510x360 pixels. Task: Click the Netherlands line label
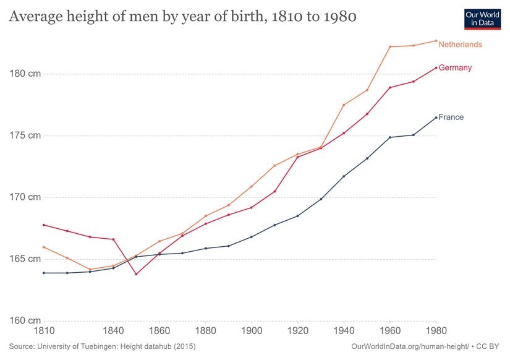(460, 45)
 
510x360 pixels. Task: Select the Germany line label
(455, 67)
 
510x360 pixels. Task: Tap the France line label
(451, 117)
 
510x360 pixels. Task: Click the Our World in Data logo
(482, 19)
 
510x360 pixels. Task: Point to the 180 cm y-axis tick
(25, 74)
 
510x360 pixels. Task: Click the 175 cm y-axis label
(25, 135)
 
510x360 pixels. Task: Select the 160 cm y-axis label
(25, 320)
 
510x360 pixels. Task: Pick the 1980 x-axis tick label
(436, 330)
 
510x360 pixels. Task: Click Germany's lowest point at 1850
(136, 274)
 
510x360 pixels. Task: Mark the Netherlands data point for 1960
(390, 46)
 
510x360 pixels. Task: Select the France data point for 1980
(436, 118)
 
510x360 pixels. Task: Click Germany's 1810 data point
(44, 225)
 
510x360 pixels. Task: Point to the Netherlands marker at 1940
(344, 105)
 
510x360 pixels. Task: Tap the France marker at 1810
(44, 273)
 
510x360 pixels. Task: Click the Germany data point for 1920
(297, 157)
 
